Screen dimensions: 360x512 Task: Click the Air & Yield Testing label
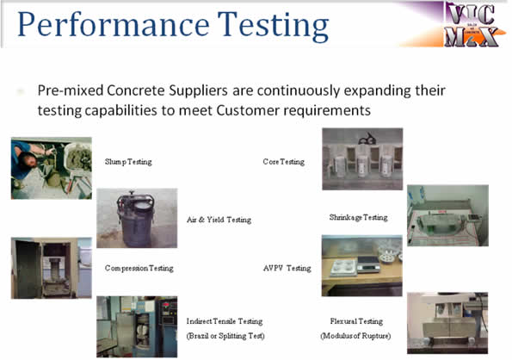(219, 220)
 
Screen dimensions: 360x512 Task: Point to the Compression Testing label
(139, 268)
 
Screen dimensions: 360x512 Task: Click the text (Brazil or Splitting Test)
(225, 335)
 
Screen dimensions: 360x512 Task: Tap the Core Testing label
(283, 162)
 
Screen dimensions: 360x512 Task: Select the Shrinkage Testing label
(358, 217)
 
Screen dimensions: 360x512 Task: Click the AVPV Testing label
(287, 268)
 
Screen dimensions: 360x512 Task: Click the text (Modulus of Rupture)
(355, 335)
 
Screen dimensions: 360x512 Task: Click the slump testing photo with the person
(51, 168)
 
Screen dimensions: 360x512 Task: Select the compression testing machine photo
(51, 268)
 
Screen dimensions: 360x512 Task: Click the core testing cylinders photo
(361, 159)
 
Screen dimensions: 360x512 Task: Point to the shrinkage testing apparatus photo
(447, 215)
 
